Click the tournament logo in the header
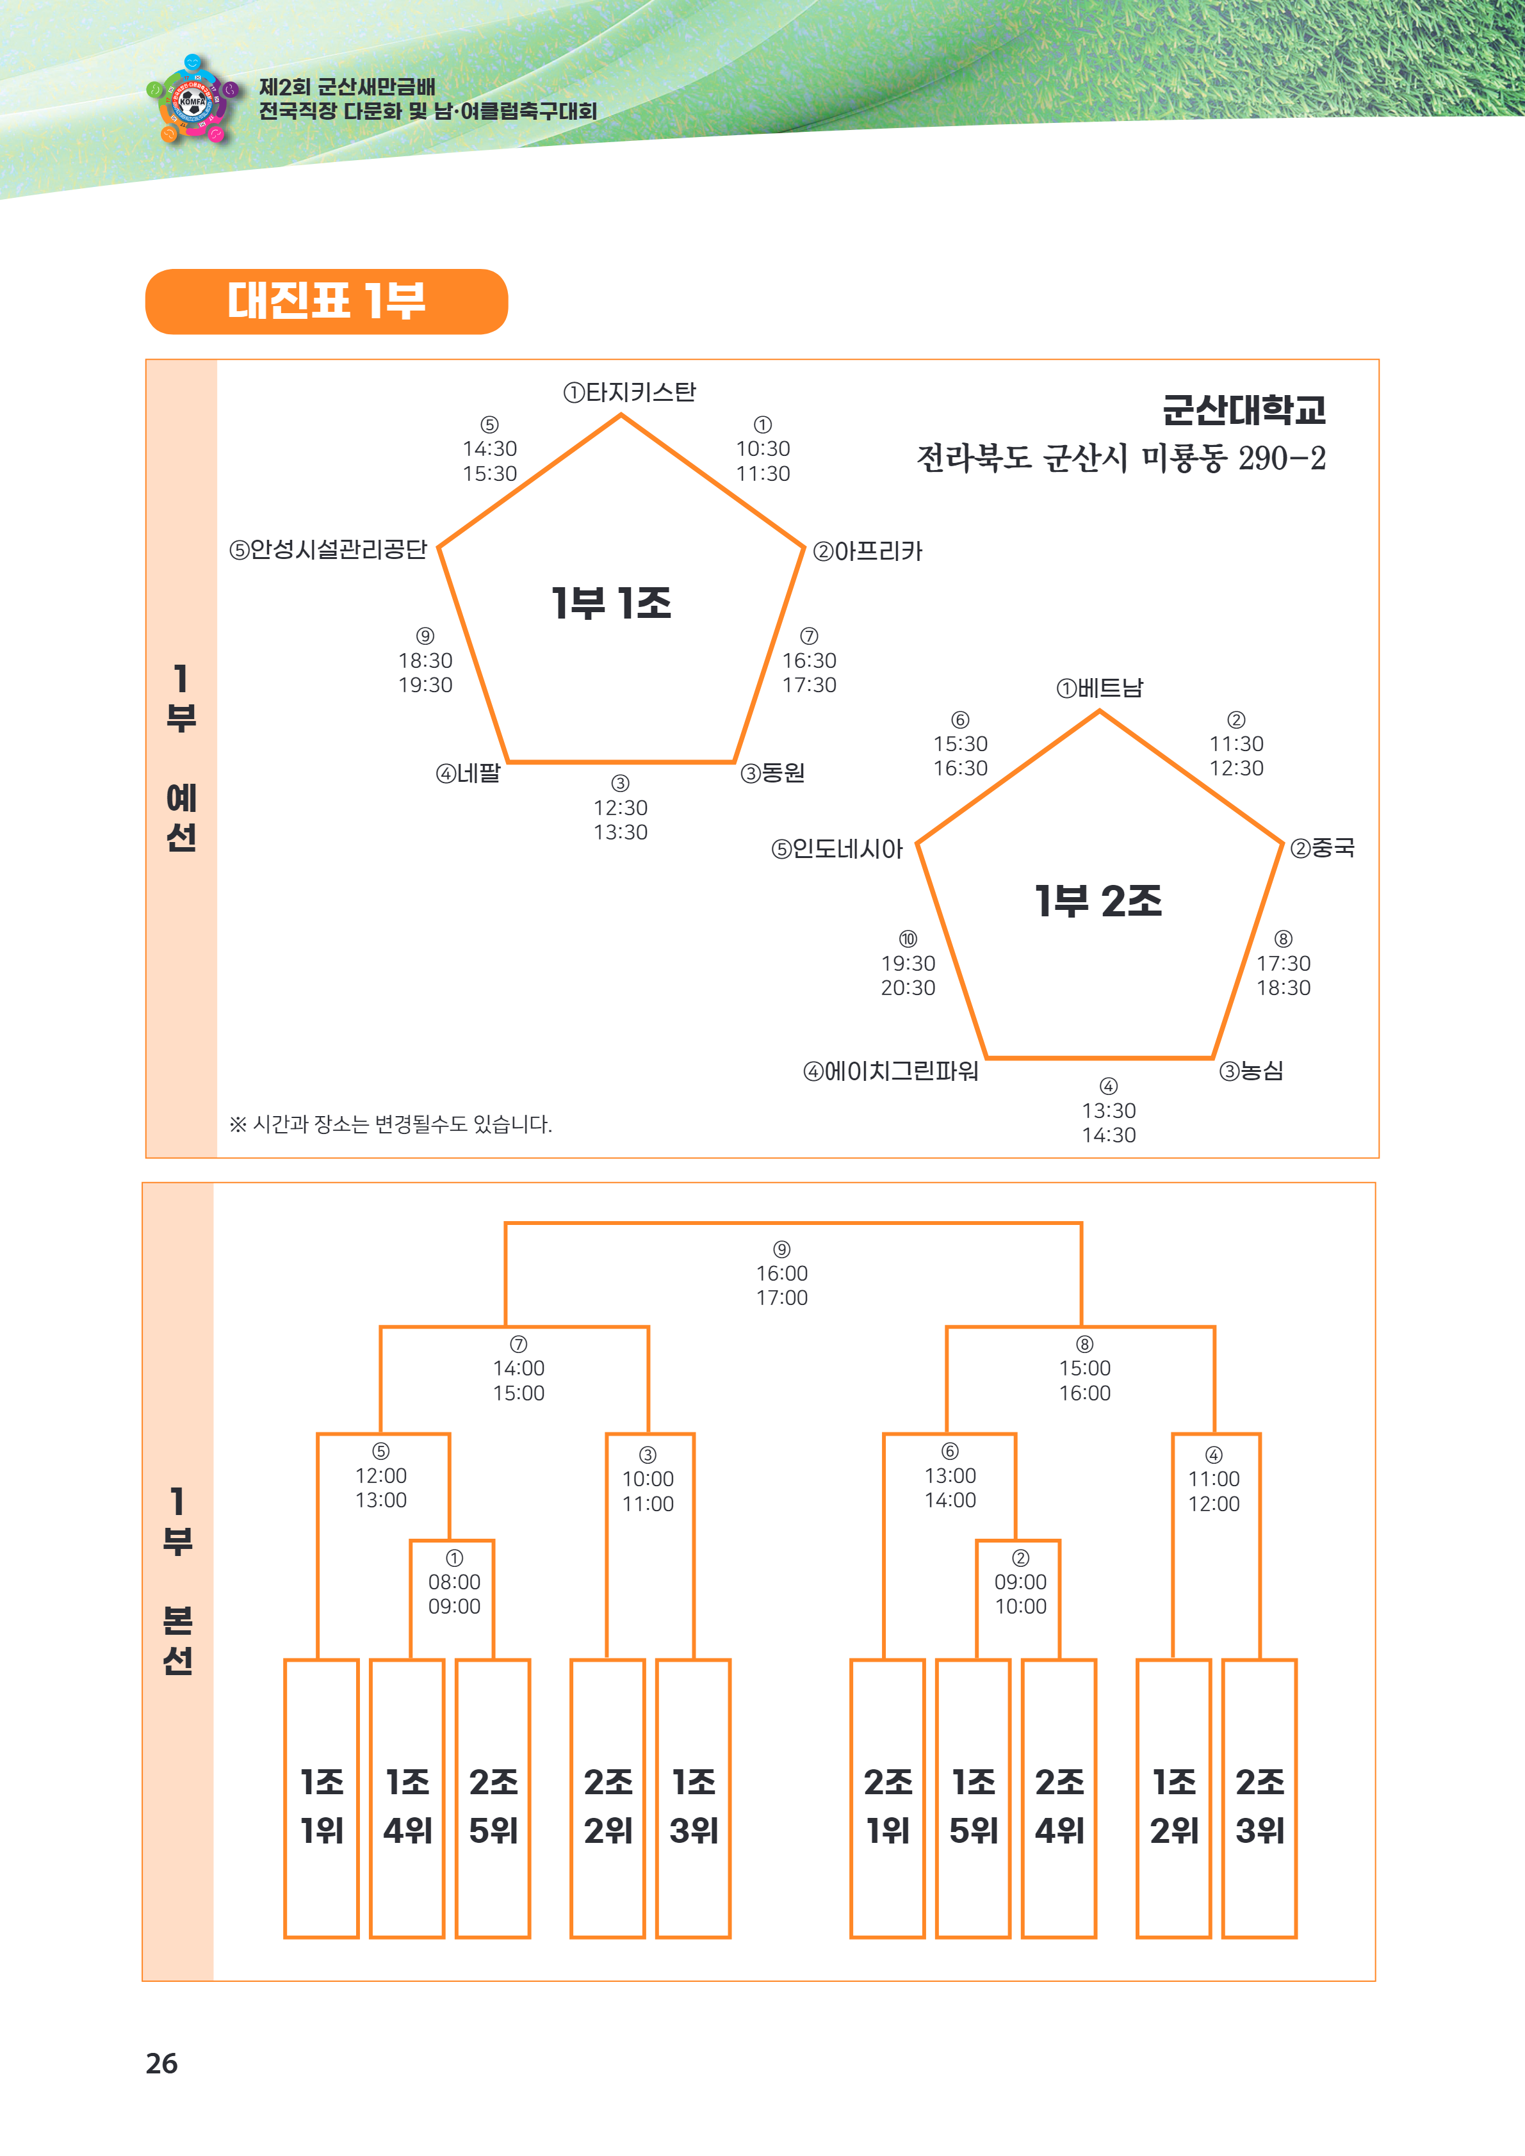coord(193,99)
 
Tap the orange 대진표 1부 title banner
coord(326,302)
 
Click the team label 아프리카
coord(869,551)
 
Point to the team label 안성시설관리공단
coord(329,549)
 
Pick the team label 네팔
coord(469,774)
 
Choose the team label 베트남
coord(1100,688)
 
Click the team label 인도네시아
coord(836,850)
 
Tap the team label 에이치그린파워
coord(890,1071)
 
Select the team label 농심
coord(1251,1071)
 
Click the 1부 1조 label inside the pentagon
coord(611,603)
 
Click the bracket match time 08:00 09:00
coord(455,1594)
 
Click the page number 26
coord(161,2063)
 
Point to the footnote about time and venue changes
coord(391,1124)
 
